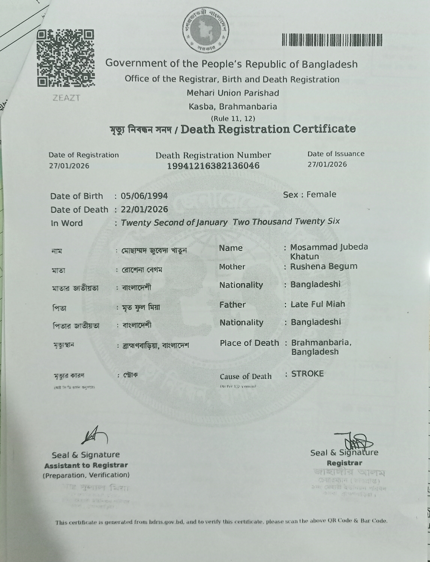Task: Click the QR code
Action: pyautogui.click(x=66, y=58)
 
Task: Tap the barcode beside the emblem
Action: pyautogui.click(x=332, y=40)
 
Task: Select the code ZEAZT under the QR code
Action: pyautogui.click(x=66, y=98)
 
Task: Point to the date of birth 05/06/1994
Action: pyautogui.click(x=144, y=196)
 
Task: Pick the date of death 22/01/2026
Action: pyautogui.click(x=144, y=209)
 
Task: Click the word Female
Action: pyautogui.click(x=321, y=194)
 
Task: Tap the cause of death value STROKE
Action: pyautogui.click(x=307, y=374)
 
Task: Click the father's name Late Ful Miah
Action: pyautogui.click(x=318, y=304)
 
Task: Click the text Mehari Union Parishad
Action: pyautogui.click(x=233, y=93)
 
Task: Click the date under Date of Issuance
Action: pyautogui.click(x=327, y=164)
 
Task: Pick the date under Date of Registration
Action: pyautogui.click(x=69, y=166)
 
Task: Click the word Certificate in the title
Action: pyautogui.click(x=324, y=129)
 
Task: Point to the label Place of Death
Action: pyautogui.click(x=249, y=343)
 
